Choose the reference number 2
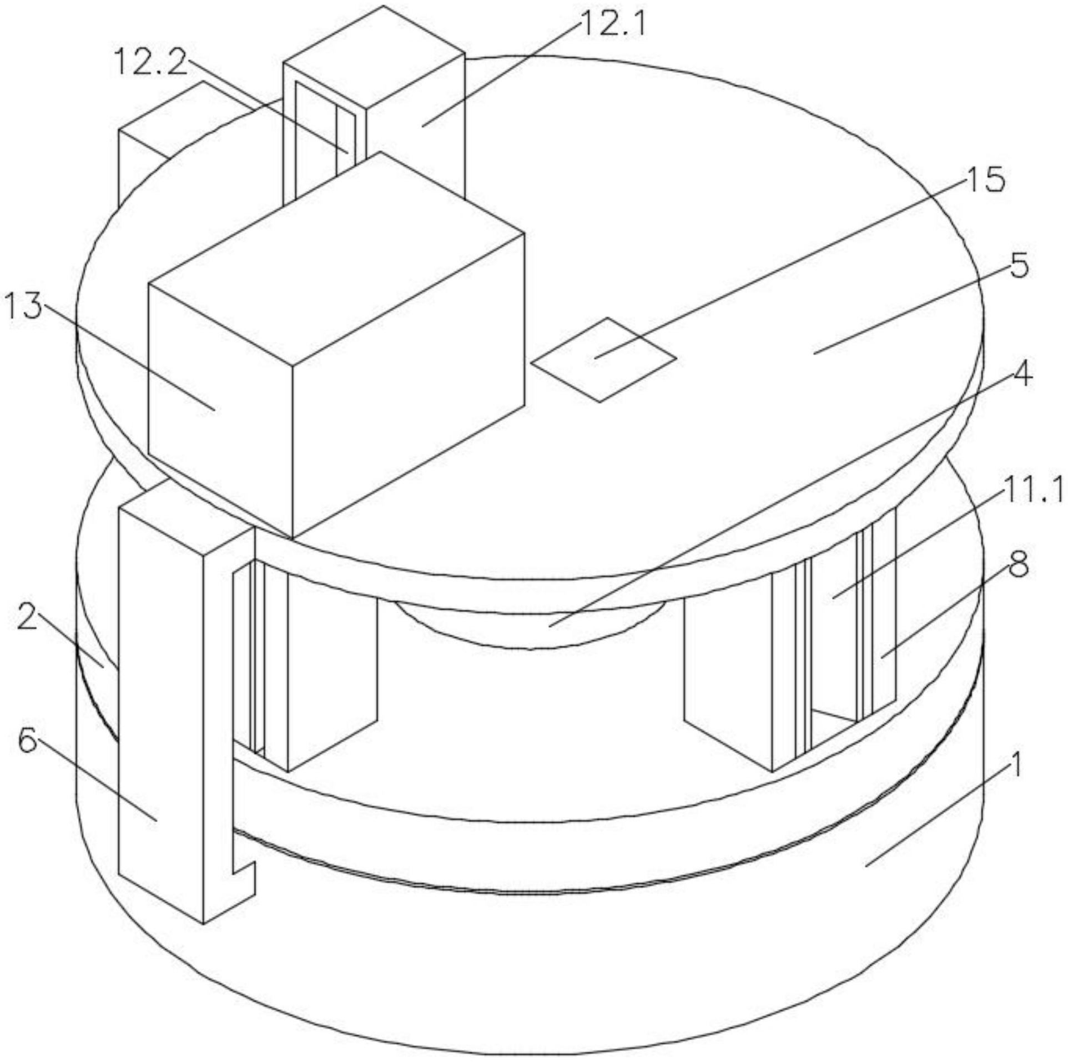27,617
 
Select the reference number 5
1019,266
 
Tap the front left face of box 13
220,411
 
